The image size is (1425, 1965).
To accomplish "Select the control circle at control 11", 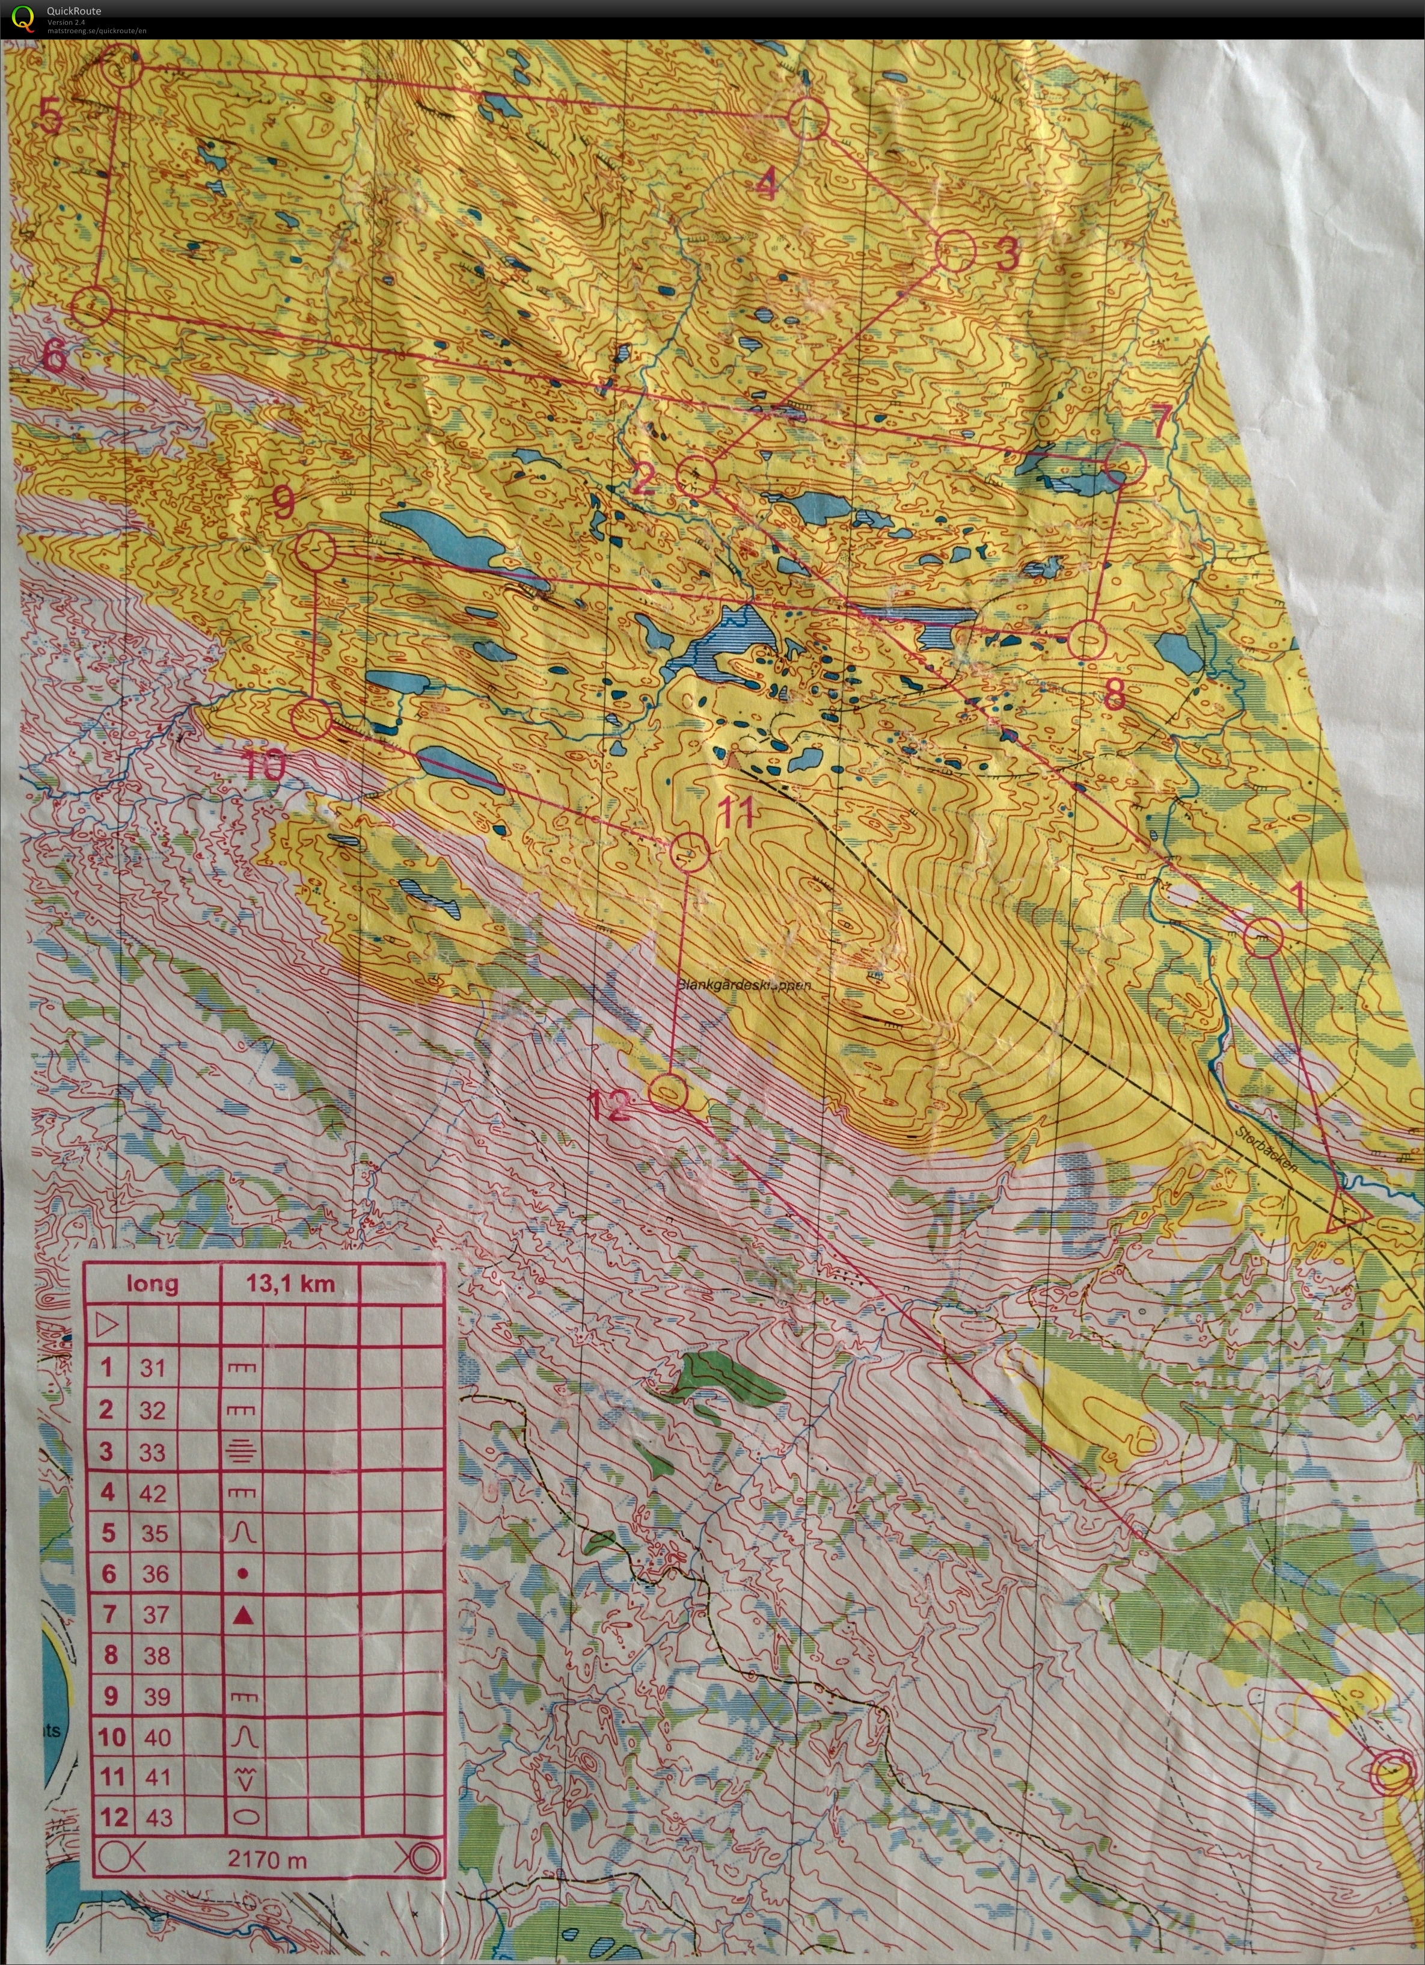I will [x=690, y=852].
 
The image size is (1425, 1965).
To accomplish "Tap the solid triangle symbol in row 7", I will [x=244, y=1615].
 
